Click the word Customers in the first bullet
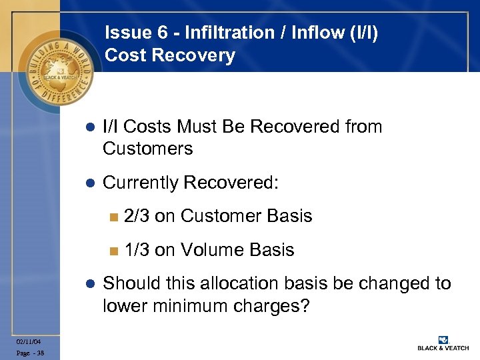[x=147, y=149]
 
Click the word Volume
[x=213, y=250]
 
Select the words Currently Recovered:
[x=190, y=183]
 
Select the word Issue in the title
[x=125, y=33]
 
